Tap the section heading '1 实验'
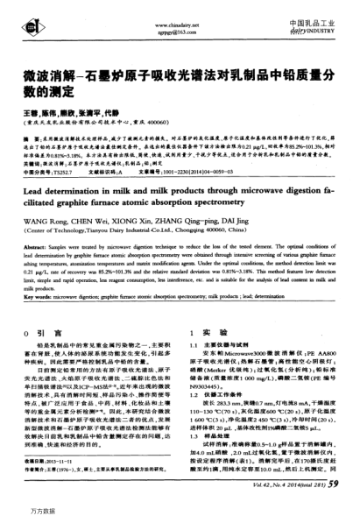(204, 309)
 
